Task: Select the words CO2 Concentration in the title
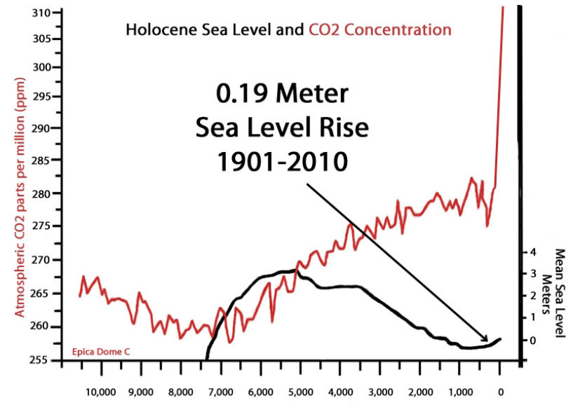379,29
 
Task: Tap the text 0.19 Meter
281,95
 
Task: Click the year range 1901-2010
281,161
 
